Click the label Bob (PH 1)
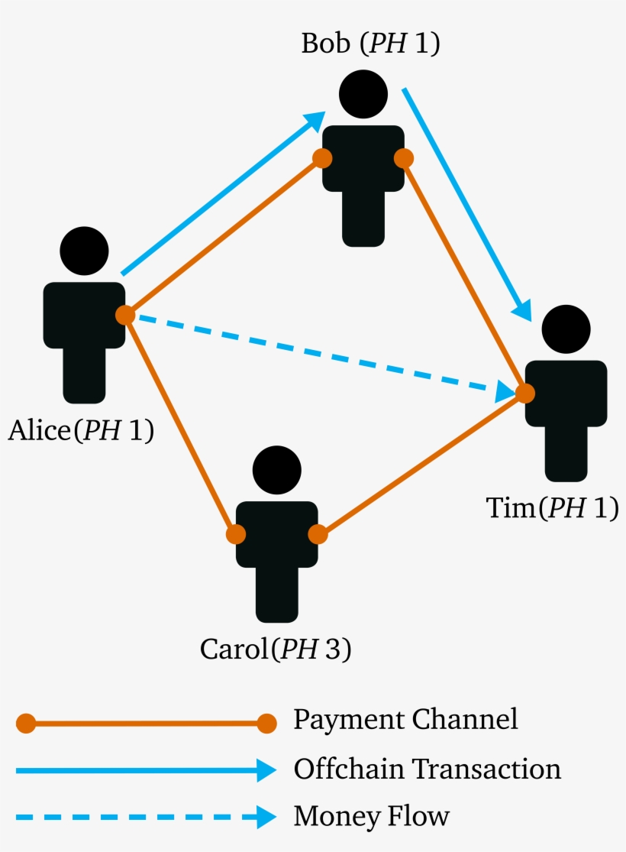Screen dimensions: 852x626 [370, 44]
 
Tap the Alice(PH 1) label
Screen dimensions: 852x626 [81, 431]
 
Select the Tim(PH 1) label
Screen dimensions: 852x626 [552, 508]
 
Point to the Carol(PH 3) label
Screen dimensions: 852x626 [276, 649]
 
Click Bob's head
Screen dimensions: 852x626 [363, 94]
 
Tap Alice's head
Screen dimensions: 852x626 [84, 251]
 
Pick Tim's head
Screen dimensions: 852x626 [566, 329]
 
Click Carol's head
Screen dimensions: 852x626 [276, 470]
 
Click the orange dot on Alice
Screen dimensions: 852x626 [125, 315]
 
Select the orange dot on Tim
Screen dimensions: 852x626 [525, 393]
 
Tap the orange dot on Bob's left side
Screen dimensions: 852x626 [322, 158]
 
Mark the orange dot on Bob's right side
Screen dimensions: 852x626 [404, 158]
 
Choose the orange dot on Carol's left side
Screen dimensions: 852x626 [236, 534]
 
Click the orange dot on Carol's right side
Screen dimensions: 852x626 [317, 534]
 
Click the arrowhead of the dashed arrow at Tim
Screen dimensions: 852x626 [505, 391]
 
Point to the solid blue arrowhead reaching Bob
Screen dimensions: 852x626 [315, 122]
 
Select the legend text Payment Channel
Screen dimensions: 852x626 [405, 719]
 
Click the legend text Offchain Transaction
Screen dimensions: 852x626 [427, 769]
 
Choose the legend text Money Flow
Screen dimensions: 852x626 [371, 816]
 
